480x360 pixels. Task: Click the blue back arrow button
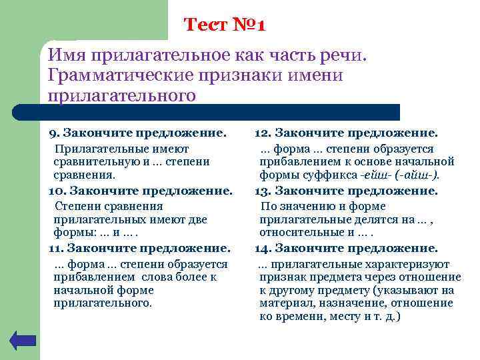(23, 341)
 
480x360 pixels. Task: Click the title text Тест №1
(225, 25)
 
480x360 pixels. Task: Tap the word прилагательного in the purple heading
(122, 95)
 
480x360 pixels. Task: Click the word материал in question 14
(283, 303)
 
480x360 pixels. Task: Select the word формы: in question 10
(73, 232)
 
